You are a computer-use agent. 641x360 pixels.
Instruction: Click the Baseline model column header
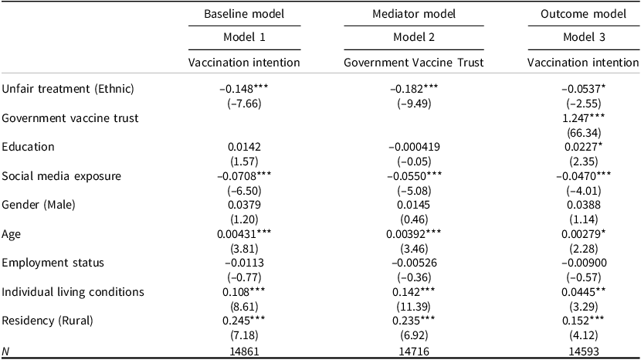[x=244, y=14]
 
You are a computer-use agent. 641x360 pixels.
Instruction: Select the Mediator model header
[x=414, y=14]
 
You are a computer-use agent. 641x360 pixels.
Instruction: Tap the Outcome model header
[x=583, y=14]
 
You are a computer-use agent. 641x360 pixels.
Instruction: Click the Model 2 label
[x=414, y=37]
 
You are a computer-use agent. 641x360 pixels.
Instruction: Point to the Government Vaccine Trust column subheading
[x=414, y=63]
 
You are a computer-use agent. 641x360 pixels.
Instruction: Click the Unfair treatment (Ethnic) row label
[x=68, y=89]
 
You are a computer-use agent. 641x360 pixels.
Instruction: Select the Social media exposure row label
[x=61, y=176]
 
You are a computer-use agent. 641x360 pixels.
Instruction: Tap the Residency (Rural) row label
[x=47, y=321]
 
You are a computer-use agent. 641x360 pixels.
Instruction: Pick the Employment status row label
[x=53, y=263]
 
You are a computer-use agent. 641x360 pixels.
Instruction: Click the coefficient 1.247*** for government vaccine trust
[x=583, y=118]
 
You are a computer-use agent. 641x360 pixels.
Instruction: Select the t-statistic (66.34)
[x=583, y=133]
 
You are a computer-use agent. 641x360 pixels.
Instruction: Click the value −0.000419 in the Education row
[x=414, y=147]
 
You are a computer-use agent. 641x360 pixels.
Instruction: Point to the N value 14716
[x=414, y=352]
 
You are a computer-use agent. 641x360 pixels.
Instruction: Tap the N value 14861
[x=244, y=352]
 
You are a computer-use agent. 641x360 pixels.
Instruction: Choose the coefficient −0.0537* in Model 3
[x=583, y=89]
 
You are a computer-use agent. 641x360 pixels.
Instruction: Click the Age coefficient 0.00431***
[x=244, y=234]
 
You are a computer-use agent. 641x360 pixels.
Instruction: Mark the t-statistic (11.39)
[x=414, y=307]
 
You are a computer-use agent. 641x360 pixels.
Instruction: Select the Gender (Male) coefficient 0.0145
[x=414, y=205]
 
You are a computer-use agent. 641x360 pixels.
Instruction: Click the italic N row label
[x=5, y=352]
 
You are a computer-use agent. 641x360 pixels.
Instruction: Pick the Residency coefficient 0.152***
[x=583, y=321]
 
